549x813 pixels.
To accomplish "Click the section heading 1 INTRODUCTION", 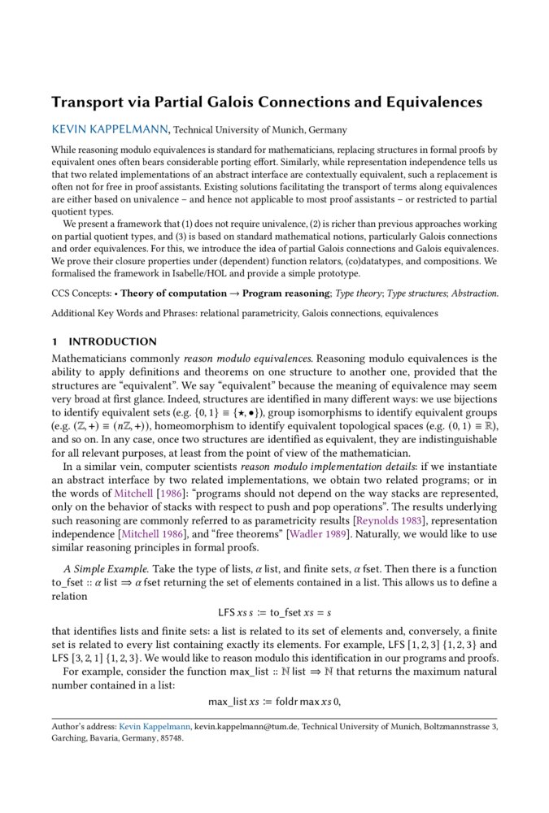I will point(104,341).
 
